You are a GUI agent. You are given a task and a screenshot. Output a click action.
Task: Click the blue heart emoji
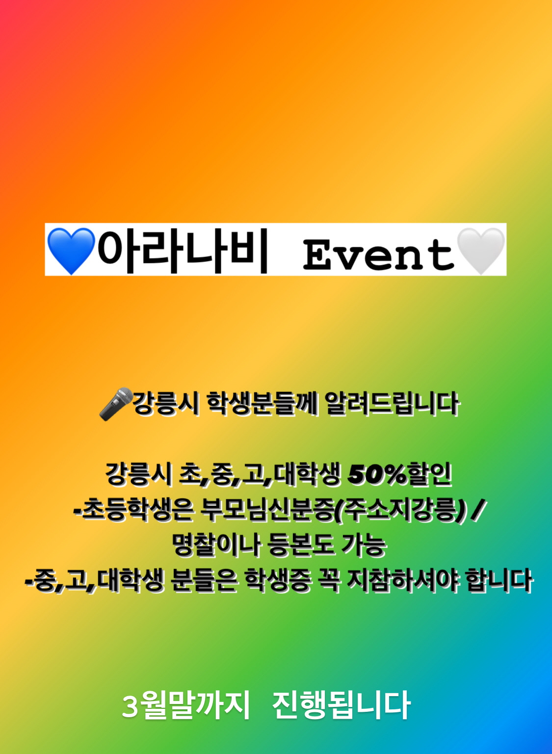tap(71, 251)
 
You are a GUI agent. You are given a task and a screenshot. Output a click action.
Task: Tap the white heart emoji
tap(481, 251)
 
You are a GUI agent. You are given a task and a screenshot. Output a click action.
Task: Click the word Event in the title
tap(379, 255)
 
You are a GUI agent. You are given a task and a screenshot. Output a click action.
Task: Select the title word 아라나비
tap(184, 251)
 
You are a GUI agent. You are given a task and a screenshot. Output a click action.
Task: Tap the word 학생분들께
tap(263, 404)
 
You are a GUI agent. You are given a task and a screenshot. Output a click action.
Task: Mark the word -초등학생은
tap(133, 511)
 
